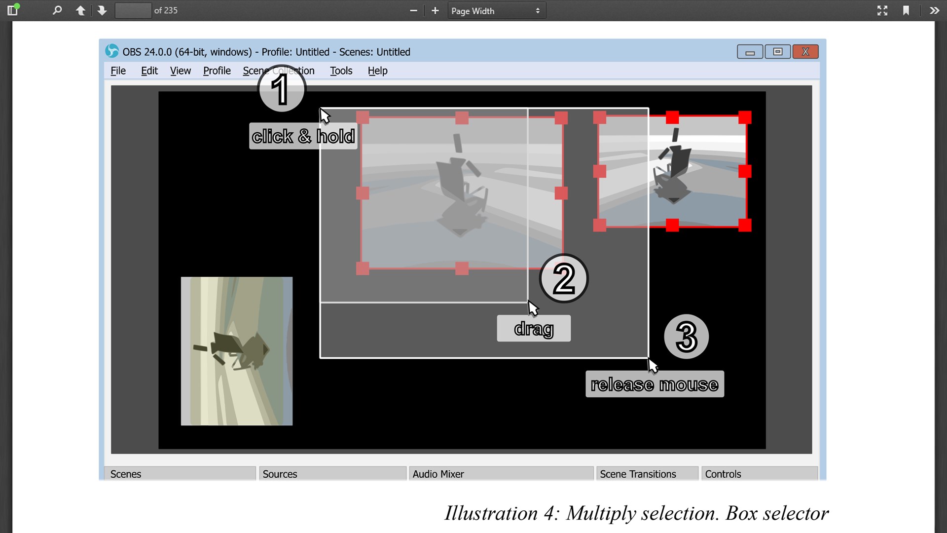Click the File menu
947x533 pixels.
coord(118,71)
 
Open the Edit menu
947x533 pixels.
coord(149,71)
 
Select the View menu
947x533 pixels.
coord(181,71)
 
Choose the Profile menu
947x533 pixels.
coord(217,71)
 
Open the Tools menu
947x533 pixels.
coord(341,71)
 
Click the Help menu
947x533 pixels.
coord(378,71)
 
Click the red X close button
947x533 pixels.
coord(805,52)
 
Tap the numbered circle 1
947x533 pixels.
coord(282,89)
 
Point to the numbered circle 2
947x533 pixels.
coord(564,278)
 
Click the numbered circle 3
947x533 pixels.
coord(687,337)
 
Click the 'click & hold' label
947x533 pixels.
coord(303,136)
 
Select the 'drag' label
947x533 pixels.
coord(534,328)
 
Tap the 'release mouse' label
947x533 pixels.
coord(655,384)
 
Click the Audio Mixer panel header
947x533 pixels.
coord(501,474)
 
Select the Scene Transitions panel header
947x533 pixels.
coord(647,474)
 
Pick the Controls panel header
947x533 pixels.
coord(760,474)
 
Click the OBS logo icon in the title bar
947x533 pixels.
coord(112,51)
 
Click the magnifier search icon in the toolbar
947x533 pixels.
coord(57,10)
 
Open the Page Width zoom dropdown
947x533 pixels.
coord(497,11)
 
